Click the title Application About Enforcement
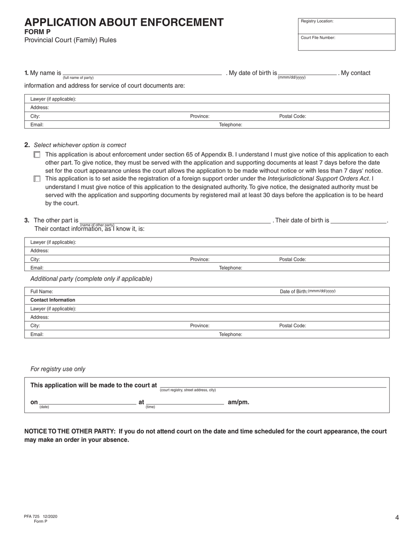tap(124, 23)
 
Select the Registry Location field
tap(346, 26)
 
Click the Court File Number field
tap(346, 42)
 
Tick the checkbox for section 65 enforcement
tap(37, 155)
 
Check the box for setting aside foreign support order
tap(37, 179)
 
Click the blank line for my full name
tap(142, 74)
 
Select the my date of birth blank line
tap(307, 73)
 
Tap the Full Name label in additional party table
tap(41, 292)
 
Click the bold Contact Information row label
tap(53, 300)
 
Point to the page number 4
tap(397, 518)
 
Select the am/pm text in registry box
tap(238, 402)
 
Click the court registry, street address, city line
tap(273, 386)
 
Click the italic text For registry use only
tap(58, 369)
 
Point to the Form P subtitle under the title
tap(37, 32)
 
